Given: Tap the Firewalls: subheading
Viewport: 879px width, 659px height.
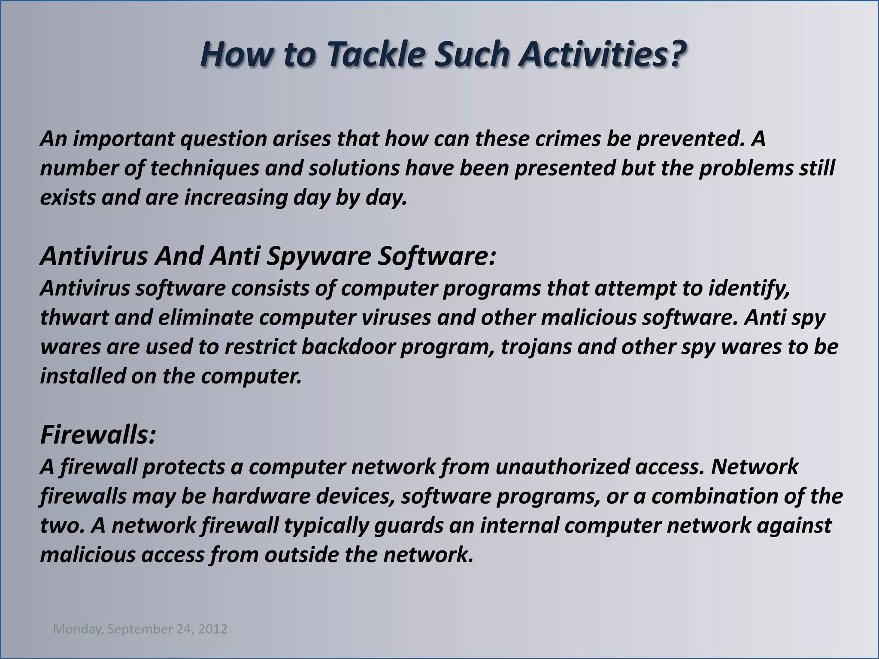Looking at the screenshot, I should [98, 435].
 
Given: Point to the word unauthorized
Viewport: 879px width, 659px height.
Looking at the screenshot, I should [562, 467].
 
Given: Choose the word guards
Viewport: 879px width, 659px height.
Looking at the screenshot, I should [408, 526].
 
